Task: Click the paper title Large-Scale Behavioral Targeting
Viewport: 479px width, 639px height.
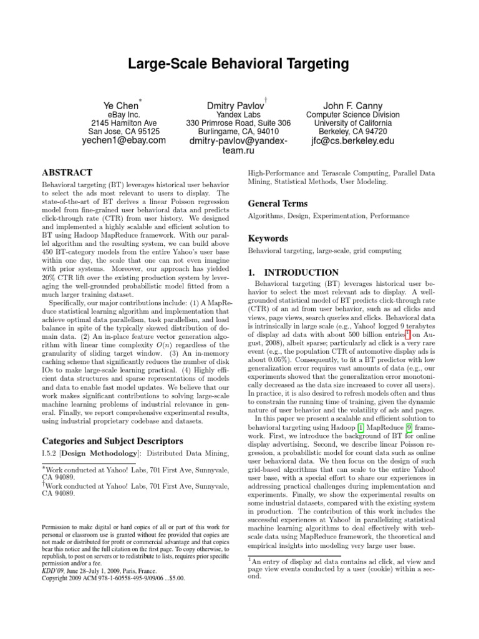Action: click(x=239, y=64)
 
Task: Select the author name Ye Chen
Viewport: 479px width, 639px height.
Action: click(x=121, y=106)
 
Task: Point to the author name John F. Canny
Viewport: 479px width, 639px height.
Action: click(x=353, y=106)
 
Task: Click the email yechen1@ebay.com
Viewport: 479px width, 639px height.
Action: click(x=124, y=141)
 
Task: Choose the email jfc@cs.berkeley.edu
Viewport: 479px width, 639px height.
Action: click(x=353, y=141)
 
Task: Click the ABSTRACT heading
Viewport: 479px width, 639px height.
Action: click(x=67, y=172)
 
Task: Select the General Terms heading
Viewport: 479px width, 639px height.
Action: click(x=278, y=203)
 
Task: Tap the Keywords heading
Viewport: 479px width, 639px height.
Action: click(x=268, y=238)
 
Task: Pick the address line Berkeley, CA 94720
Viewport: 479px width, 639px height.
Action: click(x=353, y=132)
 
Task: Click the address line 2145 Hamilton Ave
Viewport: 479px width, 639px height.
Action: click(x=124, y=124)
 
